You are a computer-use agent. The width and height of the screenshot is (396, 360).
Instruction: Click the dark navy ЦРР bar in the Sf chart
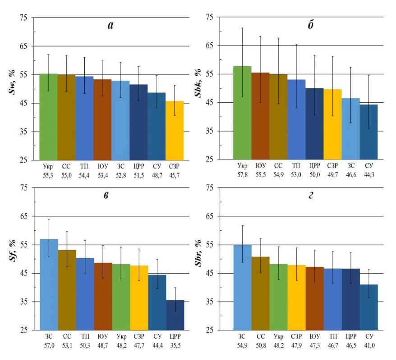click(175, 315)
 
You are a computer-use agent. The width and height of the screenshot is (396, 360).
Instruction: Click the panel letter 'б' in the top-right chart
click(311, 25)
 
